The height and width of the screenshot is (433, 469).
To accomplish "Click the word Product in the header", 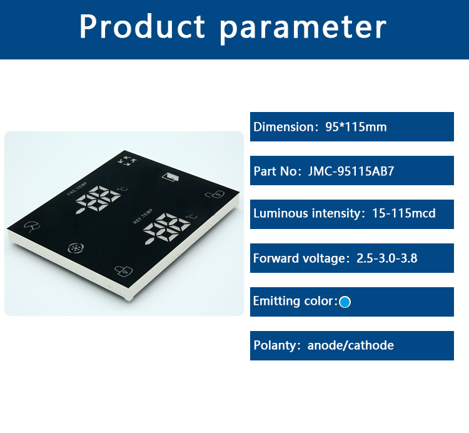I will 142,28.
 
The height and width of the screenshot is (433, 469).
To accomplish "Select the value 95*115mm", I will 356,127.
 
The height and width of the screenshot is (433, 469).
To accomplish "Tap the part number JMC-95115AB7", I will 351,171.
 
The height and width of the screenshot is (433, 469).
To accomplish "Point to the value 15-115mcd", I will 404,213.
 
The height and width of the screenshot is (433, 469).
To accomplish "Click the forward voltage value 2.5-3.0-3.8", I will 386,258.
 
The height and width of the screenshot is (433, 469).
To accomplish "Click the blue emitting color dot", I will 345,302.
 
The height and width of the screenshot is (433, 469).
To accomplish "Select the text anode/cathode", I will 350,345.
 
